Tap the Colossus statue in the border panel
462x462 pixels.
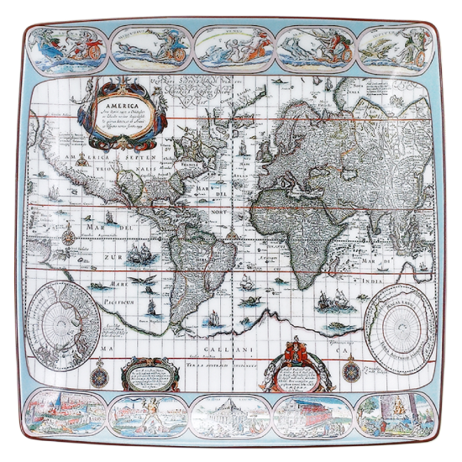coord(141,412)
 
